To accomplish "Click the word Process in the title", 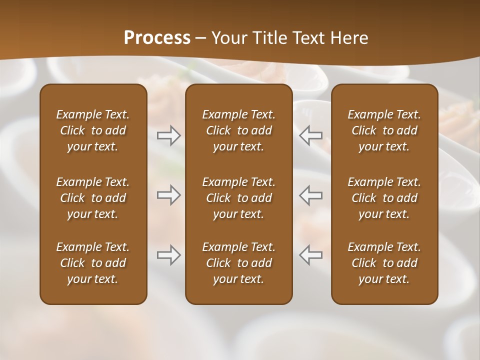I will coord(157,37).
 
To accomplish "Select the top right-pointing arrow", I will coord(169,135).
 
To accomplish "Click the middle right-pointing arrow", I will coord(169,195).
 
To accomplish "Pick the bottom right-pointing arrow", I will coord(169,255).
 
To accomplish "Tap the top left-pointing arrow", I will coord(310,135).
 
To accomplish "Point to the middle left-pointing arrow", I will coord(310,195).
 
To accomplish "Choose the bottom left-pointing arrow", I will coord(310,255).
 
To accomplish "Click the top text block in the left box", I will coord(93,130).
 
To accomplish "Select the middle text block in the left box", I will coord(93,198).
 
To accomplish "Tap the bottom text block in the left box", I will coord(93,263).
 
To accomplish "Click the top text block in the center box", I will coord(238,130).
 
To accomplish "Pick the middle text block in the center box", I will coord(238,198).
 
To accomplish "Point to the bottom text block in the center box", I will coord(238,263).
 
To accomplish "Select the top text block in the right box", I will coord(384,130).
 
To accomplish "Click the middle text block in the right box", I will coord(384,198).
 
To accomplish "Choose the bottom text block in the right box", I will coord(384,263).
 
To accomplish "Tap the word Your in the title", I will coord(227,37).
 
